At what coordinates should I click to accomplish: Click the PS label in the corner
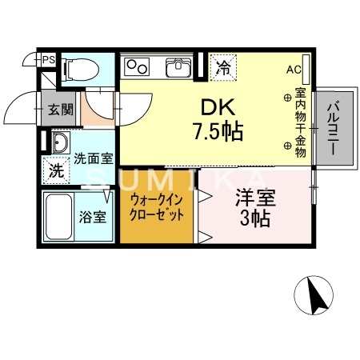point(50,58)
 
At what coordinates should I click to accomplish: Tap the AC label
point(293,69)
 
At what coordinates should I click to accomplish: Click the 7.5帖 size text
point(217,130)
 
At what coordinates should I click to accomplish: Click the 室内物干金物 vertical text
point(300,122)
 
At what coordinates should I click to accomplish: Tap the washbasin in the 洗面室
point(59,144)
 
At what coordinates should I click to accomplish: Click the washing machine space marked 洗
point(57,170)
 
